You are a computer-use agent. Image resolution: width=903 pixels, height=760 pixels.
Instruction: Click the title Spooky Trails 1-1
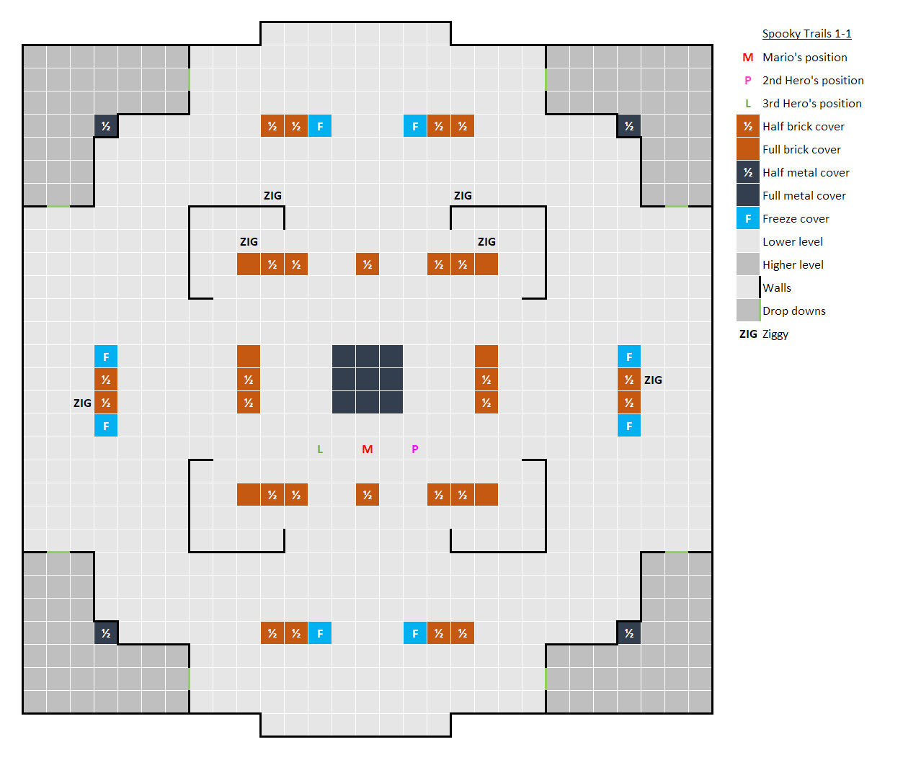[806, 34]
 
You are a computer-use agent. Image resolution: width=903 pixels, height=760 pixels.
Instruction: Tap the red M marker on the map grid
[368, 450]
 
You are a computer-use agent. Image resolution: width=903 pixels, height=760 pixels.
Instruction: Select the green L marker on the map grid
[320, 450]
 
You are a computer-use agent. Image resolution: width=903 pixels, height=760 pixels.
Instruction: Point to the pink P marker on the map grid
[415, 450]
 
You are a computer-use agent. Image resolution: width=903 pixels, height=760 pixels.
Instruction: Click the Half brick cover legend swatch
[748, 127]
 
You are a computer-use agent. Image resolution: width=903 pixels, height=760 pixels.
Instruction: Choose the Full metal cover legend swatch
[748, 195]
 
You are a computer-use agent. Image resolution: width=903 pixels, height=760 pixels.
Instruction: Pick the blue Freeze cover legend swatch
[748, 218]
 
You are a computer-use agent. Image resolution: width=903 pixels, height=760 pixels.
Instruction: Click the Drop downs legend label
[794, 311]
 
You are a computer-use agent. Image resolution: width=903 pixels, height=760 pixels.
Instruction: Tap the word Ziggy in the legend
[775, 334]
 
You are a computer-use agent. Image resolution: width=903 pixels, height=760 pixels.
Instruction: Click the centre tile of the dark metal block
[368, 380]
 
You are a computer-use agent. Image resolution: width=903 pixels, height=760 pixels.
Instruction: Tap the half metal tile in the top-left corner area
[106, 127]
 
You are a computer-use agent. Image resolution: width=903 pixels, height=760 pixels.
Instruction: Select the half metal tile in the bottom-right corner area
[629, 633]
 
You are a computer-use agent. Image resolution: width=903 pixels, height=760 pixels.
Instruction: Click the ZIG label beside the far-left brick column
[82, 403]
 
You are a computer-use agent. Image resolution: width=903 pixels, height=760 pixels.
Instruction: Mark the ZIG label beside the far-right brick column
[653, 380]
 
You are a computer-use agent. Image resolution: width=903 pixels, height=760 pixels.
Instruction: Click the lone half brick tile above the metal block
[368, 264]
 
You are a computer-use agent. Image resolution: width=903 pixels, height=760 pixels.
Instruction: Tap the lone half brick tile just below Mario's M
[368, 495]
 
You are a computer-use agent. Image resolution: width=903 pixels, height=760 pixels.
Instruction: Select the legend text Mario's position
[805, 58]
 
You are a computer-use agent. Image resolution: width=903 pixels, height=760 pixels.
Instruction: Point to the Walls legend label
[777, 288]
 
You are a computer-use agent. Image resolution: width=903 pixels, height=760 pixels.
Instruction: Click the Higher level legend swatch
[748, 264]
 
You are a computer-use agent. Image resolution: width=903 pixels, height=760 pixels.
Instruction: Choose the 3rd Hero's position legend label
[812, 104]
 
